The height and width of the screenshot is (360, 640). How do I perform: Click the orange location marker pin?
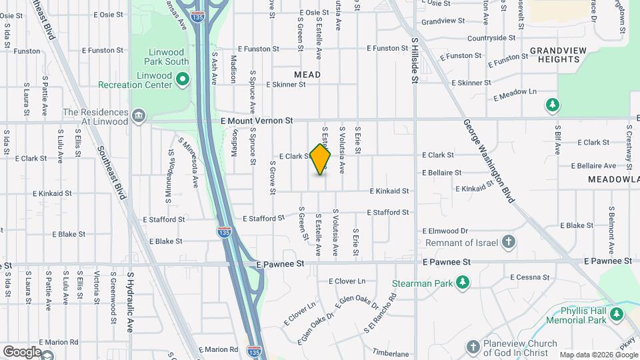320,159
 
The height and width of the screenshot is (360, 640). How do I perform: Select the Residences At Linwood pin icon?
139,117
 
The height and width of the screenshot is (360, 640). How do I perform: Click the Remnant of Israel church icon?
508,241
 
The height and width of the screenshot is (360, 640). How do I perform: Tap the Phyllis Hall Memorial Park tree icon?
617,314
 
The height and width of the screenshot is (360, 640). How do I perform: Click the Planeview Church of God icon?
473,347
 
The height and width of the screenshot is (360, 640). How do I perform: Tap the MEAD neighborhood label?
307,75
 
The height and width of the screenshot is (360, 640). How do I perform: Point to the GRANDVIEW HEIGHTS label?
555,55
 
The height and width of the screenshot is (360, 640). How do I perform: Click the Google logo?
21,351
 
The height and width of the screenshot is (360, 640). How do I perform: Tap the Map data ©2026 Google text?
598,355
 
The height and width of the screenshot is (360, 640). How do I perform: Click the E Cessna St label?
529,277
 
